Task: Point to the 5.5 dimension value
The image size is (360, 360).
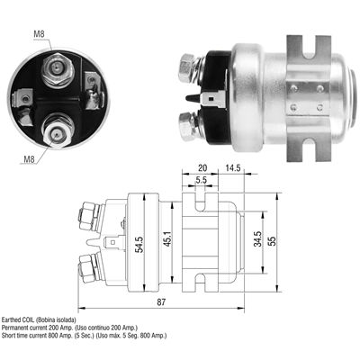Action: (x=201, y=180)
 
